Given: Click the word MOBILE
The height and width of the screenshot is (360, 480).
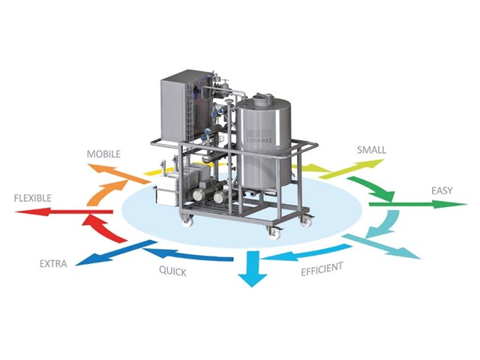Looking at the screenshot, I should [103, 154].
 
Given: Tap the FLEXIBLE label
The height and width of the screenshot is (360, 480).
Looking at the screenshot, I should [32, 198].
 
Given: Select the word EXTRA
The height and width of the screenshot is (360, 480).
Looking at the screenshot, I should [53, 263].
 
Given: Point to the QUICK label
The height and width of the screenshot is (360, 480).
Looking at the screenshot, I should [172, 272].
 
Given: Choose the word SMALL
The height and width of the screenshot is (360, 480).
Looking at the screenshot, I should [371, 150].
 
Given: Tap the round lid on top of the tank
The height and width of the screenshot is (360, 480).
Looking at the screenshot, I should [264, 97].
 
